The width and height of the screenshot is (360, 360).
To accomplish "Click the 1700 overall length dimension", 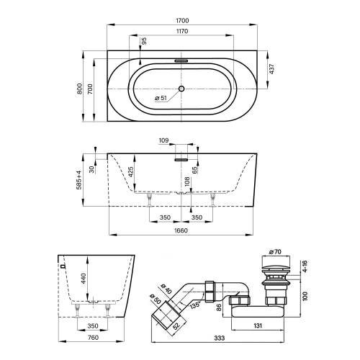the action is point(182,21).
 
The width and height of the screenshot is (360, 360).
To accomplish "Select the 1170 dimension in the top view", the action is point(182,31).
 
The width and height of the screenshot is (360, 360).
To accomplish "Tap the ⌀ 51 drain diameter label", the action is point(161,98).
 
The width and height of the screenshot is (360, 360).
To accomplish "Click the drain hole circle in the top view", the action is point(181,89).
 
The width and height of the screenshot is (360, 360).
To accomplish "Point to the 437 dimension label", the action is point(271,69).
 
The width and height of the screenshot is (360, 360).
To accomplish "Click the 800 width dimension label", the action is point(80,89).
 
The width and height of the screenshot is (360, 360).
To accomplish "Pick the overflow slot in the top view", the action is point(181,61).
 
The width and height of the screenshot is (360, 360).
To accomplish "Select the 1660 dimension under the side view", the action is point(181,230).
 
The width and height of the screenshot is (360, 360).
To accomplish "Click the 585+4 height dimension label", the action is point(79,180).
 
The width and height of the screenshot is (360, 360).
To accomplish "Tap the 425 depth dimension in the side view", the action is point(131,172).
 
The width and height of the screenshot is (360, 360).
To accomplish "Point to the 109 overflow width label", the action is point(163,140).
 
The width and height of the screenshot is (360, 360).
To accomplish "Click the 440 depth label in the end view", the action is point(84,279).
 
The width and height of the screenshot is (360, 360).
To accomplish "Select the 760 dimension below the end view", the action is point(93,338).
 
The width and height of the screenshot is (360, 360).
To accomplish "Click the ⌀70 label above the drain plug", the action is point(275,252).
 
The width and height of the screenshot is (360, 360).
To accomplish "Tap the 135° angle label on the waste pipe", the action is point(195,305).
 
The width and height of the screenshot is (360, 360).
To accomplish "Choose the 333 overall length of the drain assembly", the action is point(220,338).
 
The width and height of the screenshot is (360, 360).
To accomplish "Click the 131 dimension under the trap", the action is point(258,325).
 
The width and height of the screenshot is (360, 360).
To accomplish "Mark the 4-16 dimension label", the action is point(305,266).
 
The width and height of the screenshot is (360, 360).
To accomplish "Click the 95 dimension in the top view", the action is point(144,41).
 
